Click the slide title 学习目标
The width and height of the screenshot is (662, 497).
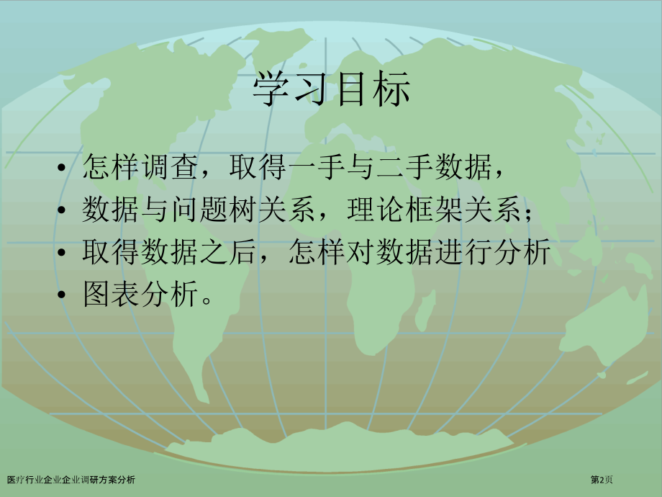tap(332, 91)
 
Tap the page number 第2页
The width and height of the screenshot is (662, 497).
tap(602, 480)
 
